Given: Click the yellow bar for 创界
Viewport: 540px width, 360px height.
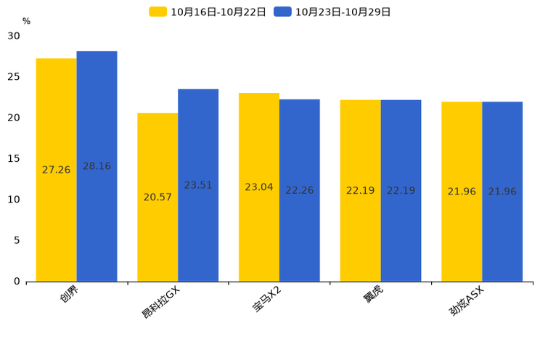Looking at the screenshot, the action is pos(57,170).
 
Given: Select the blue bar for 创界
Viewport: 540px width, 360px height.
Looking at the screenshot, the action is pos(97,166).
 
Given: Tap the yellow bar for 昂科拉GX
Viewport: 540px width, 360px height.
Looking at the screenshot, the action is pos(157,197).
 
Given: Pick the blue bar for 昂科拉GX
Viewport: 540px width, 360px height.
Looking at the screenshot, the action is pos(198,185).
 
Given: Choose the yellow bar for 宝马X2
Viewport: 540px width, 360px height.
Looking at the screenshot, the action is pos(259,187).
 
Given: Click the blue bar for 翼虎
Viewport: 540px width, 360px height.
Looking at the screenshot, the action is pos(401,191).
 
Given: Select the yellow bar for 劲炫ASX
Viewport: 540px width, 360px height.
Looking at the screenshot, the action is pos(462,192).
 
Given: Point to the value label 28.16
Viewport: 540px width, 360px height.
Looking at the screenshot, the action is pos(97,166).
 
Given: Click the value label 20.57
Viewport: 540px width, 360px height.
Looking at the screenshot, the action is pos(157,197).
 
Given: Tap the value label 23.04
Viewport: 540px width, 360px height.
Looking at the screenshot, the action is pos(259,187).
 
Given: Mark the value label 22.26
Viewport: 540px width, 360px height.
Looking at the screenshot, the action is pos(300,190).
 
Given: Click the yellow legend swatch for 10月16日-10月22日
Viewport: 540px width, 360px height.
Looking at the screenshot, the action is pos(157,12).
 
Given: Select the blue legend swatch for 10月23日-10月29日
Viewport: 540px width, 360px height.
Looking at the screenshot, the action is pos(282,12).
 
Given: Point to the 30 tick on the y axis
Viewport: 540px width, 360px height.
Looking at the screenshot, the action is pos(14,36).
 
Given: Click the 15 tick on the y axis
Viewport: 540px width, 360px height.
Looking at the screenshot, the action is pos(14,159).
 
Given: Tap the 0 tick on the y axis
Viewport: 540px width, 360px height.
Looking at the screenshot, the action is pos(17,282).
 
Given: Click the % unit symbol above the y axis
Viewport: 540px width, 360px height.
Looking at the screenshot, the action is pos(27,21).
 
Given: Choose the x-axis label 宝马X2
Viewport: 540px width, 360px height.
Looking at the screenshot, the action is pos(267,299).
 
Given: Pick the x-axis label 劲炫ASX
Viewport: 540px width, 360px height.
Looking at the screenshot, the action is pos(466,301).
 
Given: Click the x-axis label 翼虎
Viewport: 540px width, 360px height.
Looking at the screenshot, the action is pos(373,295).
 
